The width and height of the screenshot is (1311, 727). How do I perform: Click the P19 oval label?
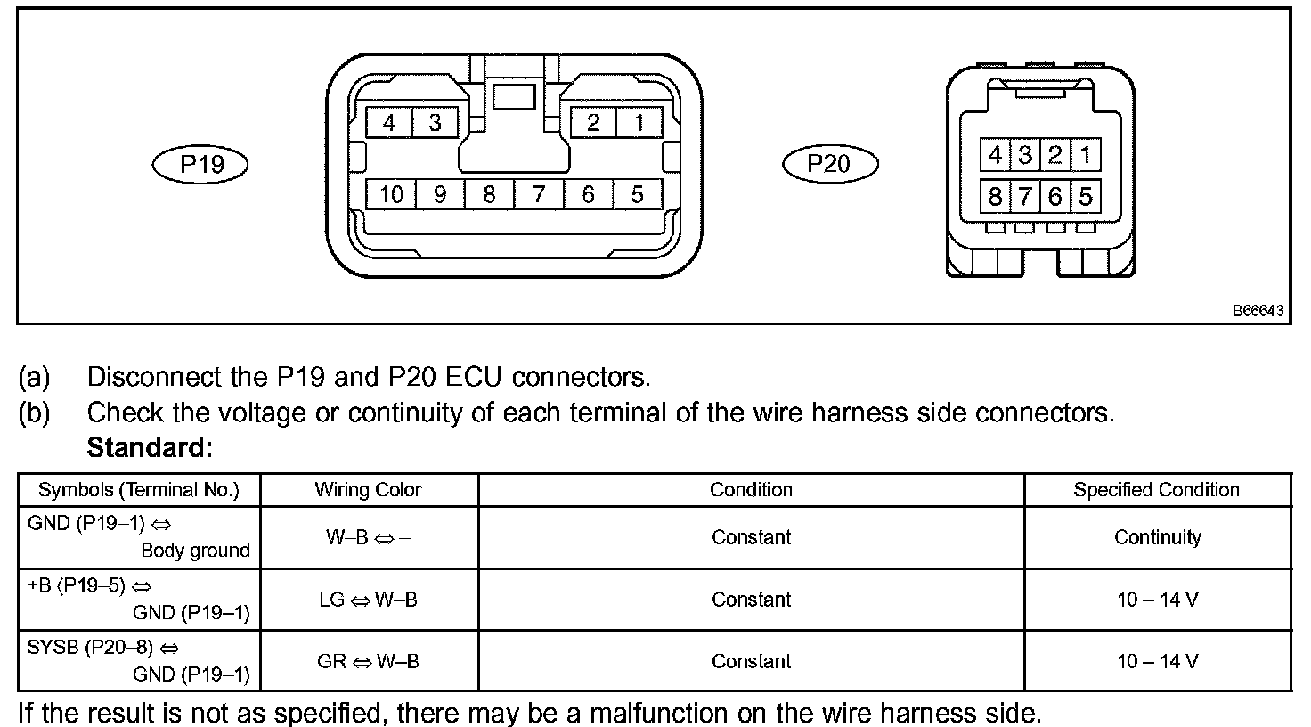coord(200,164)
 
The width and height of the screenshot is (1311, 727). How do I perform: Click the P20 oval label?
coord(829,163)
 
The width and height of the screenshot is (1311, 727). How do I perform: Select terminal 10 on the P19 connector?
coord(392,194)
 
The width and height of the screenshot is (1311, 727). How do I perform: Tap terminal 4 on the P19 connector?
coord(389,123)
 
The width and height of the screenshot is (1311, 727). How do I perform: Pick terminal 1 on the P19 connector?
coord(639,123)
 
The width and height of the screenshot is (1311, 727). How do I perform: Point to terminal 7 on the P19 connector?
coord(538,194)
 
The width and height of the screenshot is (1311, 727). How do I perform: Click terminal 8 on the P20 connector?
coord(995,195)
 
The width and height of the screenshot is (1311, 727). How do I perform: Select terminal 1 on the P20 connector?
coord(1085,156)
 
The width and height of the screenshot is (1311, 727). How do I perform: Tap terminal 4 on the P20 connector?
coord(995,156)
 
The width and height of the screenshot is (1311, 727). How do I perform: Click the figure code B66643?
coord(1258,311)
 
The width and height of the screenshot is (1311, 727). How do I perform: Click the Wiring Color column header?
coord(368,490)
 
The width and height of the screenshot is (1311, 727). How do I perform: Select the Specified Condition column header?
coord(1156,490)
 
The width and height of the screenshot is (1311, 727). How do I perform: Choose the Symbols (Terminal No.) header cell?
coord(139,490)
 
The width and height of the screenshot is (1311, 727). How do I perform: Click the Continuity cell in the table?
coord(1157,537)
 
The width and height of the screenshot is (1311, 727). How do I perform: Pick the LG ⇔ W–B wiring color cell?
coord(368,600)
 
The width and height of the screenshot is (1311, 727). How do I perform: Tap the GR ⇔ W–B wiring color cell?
coord(368,661)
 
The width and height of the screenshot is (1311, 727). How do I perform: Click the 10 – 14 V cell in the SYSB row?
coord(1157,661)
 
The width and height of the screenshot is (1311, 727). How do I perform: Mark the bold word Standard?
coord(150,447)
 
